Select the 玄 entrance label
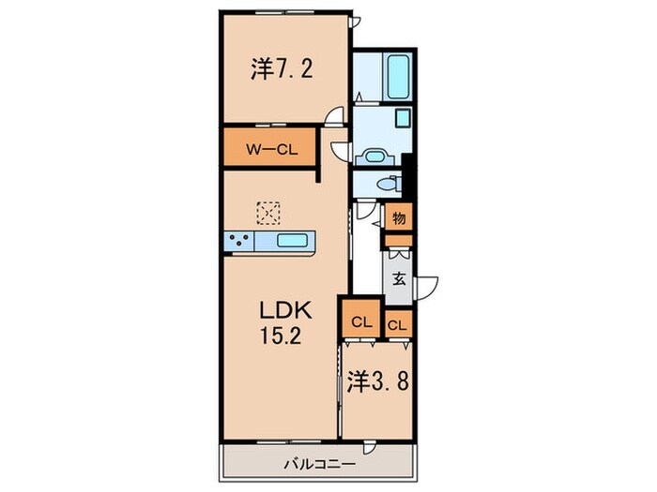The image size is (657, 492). coord(399,278)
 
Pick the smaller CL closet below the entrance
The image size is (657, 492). coord(397,325)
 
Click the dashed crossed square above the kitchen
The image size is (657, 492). coord(269,212)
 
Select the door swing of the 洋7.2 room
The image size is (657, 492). coord(333,115)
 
